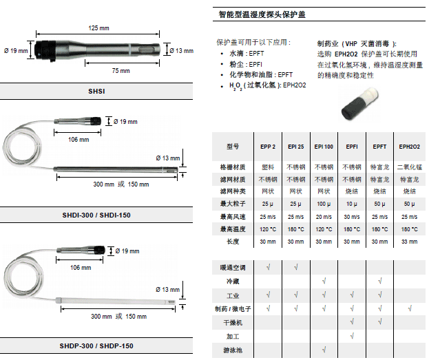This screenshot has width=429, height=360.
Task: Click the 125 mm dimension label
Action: point(99,28)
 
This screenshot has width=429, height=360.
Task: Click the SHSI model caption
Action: point(97,91)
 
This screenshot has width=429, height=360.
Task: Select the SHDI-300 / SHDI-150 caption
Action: point(96,215)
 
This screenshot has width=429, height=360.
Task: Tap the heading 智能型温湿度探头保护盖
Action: point(271,14)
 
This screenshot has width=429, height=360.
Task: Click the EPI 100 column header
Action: point(323,147)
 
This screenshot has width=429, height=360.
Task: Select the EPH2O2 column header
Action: point(409,147)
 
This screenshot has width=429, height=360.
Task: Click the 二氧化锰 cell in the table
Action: point(409,167)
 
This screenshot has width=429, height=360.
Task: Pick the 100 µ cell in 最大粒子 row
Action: point(323,204)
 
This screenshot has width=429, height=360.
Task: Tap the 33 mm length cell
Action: point(409,242)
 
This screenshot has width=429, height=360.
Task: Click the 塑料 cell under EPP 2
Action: point(267,167)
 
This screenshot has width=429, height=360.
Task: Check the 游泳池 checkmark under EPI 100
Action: point(323,351)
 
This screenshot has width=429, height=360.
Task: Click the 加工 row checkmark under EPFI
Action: point(352,337)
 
